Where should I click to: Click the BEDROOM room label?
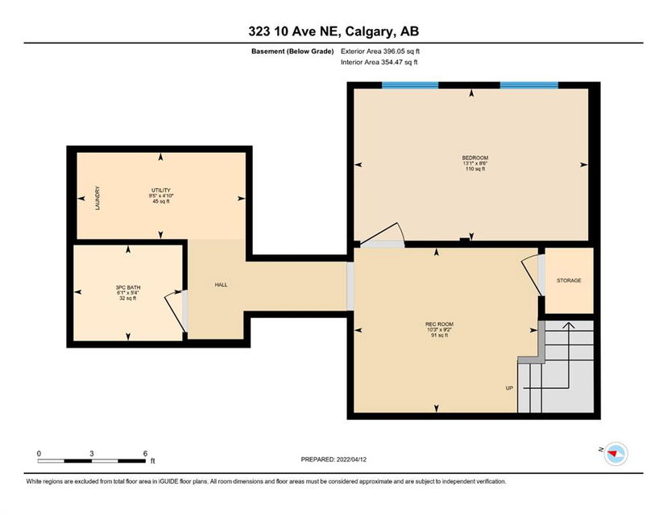pos(475,158)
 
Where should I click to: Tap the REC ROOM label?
pos(439,324)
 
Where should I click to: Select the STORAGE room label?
pos(569,281)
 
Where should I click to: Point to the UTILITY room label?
pos(161,191)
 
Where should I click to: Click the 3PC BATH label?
pos(128,287)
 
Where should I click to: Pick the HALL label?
pos(221,285)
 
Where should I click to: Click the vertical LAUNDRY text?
pos(97,198)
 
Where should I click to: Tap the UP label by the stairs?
pos(509,388)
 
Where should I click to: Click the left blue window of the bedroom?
pos(410,85)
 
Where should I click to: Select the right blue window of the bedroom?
pos(528,85)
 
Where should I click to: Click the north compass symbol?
pos(615,454)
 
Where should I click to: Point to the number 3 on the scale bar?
pos(92,453)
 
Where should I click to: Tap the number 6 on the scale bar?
pos(145,453)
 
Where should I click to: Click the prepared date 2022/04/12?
pos(351,459)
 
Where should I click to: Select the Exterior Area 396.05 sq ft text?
pos(380,51)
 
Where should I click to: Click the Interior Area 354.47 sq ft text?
pos(379,62)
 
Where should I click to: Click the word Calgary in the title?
pos(369,31)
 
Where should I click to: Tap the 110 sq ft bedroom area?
pos(475,169)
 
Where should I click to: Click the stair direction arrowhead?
pos(569,325)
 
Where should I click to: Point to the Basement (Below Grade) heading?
pos(292,51)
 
